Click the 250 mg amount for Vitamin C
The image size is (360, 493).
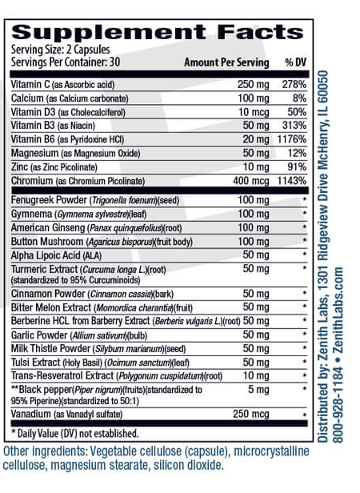click(x=250, y=84)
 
